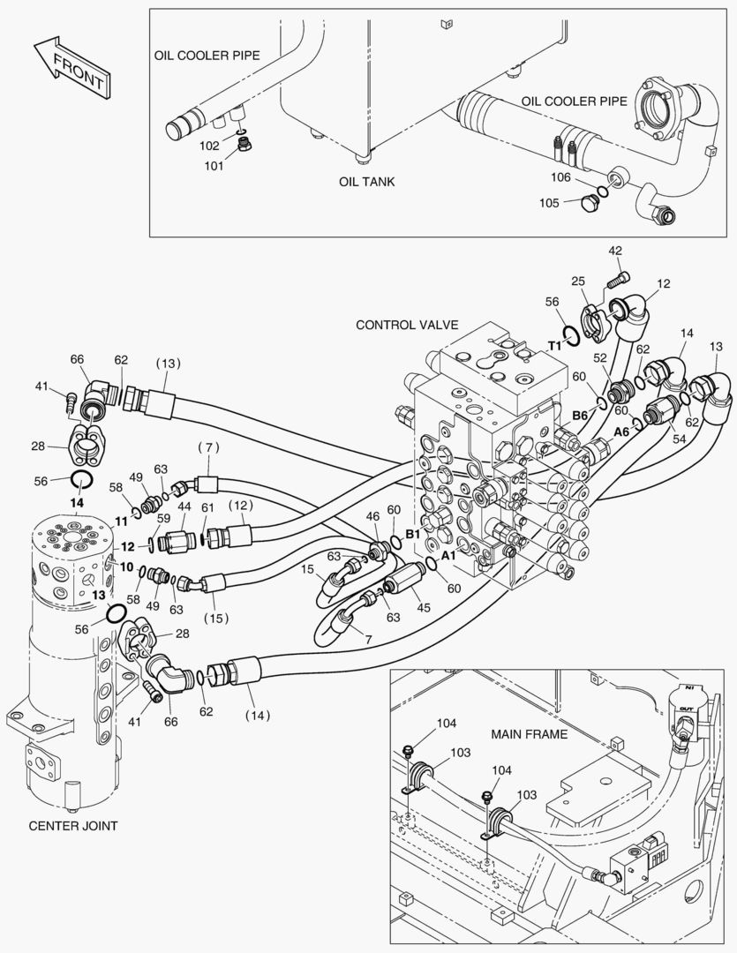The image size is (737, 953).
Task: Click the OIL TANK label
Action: click(x=367, y=182)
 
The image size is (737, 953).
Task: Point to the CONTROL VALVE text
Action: click(x=407, y=325)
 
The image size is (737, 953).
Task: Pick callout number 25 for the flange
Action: click(x=577, y=281)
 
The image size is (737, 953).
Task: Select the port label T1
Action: click(x=555, y=346)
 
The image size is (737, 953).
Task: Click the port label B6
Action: click(x=579, y=414)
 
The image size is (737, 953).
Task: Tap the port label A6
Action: click(x=622, y=431)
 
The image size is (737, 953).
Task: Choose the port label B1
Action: click(x=412, y=535)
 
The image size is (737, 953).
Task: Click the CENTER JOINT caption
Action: click(x=73, y=826)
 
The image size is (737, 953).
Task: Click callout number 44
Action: click(x=184, y=507)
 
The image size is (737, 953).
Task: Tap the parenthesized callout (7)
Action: click(x=208, y=448)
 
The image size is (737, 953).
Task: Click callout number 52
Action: click(x=600, y=357)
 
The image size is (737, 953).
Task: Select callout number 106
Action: click(x=561, y=177)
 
